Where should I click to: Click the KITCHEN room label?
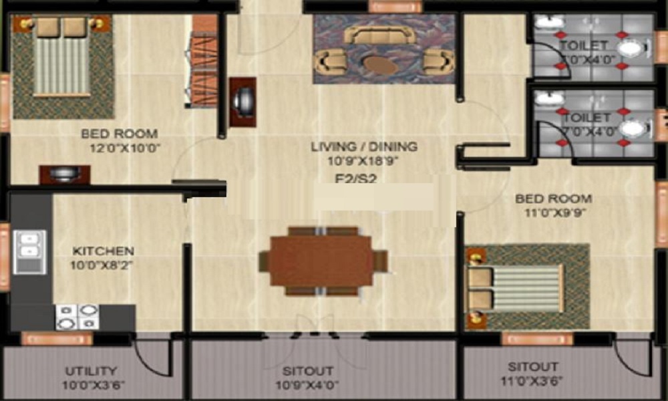104,251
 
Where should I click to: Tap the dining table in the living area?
323,261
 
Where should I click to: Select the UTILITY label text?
92,371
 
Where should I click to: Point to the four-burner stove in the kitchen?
77,316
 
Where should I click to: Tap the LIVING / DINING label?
364,146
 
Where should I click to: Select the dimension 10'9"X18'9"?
363,161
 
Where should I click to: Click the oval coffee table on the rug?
379,65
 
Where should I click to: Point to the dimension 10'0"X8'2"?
103,265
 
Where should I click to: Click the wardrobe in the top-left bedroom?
202,60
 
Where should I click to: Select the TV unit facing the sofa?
242,102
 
